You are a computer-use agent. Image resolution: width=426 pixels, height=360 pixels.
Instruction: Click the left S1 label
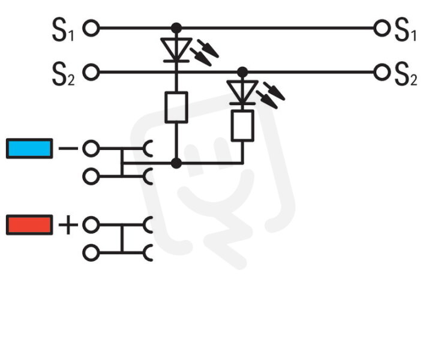tap(63, 29)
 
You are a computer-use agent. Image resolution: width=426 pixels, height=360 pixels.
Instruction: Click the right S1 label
tap(406, 29)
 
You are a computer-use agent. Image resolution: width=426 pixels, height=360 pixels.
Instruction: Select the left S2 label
tap(64, 74)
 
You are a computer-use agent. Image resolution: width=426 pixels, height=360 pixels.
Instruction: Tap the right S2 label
tap(406, 74)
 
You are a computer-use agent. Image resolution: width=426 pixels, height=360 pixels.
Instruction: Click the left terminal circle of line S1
tap(91, 28)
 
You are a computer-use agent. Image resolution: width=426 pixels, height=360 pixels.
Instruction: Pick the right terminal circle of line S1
tap(382, 28)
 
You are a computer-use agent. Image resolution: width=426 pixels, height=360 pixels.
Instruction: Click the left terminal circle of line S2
tap(91, 72)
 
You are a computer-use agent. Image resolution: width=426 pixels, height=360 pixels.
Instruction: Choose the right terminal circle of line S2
tap(382, 72)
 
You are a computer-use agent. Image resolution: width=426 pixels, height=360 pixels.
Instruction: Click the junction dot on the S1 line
tap(176, 28)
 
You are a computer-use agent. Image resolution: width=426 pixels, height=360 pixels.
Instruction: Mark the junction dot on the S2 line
tap(242, 72)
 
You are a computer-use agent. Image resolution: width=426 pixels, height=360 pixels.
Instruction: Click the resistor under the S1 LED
tap(176, 107)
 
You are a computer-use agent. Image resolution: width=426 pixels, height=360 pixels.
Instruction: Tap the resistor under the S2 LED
tap(242, 125)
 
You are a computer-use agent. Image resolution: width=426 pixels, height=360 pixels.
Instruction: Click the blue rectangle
tap(29, 148)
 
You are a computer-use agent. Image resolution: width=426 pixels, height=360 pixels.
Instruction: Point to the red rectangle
tap(29, 224)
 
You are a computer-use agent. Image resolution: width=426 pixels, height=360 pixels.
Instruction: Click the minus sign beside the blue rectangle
tap(68, 148)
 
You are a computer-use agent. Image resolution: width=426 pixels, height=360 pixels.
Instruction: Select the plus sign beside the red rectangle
tap(68, 224)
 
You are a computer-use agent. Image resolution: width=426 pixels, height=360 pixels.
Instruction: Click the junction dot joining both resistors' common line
tap(176, 163)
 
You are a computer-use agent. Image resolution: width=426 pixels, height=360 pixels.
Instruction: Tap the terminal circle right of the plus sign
tap(91, 225)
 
